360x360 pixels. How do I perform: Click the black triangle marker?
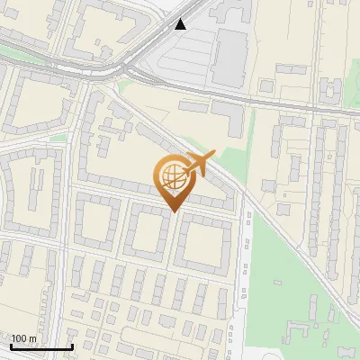click(182, 24)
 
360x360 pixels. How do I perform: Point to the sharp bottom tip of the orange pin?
click(174, 211)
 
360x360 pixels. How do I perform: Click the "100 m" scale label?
click(23, 338)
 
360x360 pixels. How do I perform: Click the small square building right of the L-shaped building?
click(266, 85)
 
